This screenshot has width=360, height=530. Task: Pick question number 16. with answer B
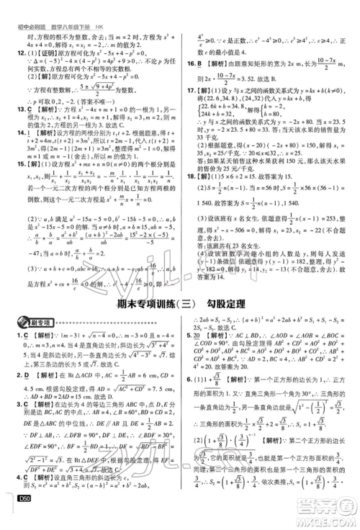[x=190, y=63]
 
